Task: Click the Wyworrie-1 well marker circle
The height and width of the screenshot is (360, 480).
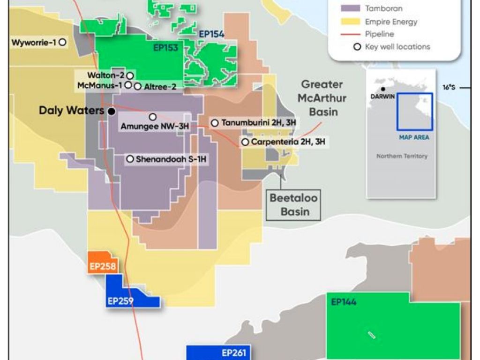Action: click(x=62, y=42)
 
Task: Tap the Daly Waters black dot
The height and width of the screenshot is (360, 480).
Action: click(x=111, y=111)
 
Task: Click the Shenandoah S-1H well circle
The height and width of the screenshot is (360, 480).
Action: click(x=130, y=159)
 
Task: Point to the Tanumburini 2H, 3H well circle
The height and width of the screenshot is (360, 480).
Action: click(x=215, y=123)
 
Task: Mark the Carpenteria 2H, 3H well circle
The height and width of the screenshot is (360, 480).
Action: click(x=245, y=142)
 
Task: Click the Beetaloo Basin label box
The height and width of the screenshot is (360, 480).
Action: click(x=293, y=204)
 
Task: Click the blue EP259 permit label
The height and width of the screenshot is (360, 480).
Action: click(x=120, y=301)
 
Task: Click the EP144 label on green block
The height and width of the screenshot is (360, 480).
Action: click(x=344, y=302)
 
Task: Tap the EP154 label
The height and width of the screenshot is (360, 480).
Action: click(x=211, y=34)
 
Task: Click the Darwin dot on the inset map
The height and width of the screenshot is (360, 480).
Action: click(x=383, y=89)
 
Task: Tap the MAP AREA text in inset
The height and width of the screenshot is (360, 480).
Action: click(x=414, y=137)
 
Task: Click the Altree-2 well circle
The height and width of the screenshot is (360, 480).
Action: click(x=137, y=86)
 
